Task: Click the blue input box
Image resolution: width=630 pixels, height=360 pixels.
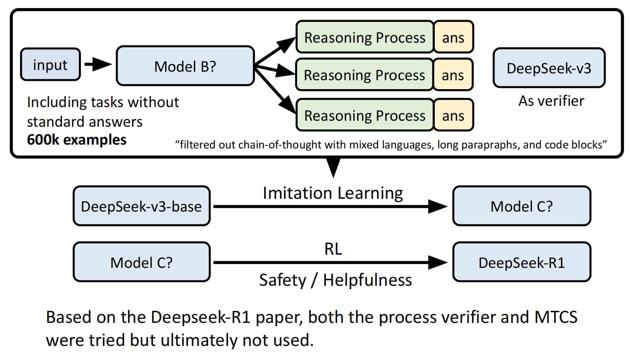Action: (x=51, y=64)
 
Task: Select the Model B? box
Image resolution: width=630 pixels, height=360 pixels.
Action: (x=185, y=66)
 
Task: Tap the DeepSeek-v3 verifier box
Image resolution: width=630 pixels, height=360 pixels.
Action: (x=549, y=67)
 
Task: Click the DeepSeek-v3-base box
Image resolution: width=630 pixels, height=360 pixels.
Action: (x=142, y=206)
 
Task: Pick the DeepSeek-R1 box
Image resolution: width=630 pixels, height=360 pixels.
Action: (x=522, y=262)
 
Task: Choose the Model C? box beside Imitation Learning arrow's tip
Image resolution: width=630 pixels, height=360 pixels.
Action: (x=522, y=206)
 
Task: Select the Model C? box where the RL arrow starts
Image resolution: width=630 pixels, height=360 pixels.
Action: (x=142, y=262)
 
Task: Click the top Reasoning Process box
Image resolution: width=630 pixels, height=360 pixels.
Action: (x=365, y=37)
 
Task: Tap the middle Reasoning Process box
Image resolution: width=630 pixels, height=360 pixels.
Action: (x=364, y=74)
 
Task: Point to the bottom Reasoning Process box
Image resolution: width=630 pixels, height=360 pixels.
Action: (x=365, y=115)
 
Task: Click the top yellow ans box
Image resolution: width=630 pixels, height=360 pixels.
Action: (x=454, y=37)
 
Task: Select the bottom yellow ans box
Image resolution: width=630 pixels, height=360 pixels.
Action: (x=454, y=115)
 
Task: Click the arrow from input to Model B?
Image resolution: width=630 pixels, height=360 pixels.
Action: (x=98, y=64)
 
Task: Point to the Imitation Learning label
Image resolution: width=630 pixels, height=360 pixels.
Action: (x=333, y=193)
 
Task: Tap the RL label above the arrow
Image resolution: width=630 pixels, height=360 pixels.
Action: (x=333, y=249)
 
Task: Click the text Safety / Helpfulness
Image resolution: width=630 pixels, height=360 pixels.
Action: (x=335, y=280)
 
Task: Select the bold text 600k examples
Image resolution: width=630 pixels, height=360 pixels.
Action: (x=77, y=139)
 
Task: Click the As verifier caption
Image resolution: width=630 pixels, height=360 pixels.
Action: (x=551, y=101)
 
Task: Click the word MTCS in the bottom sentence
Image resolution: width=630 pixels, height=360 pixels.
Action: (x=556, y=317)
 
